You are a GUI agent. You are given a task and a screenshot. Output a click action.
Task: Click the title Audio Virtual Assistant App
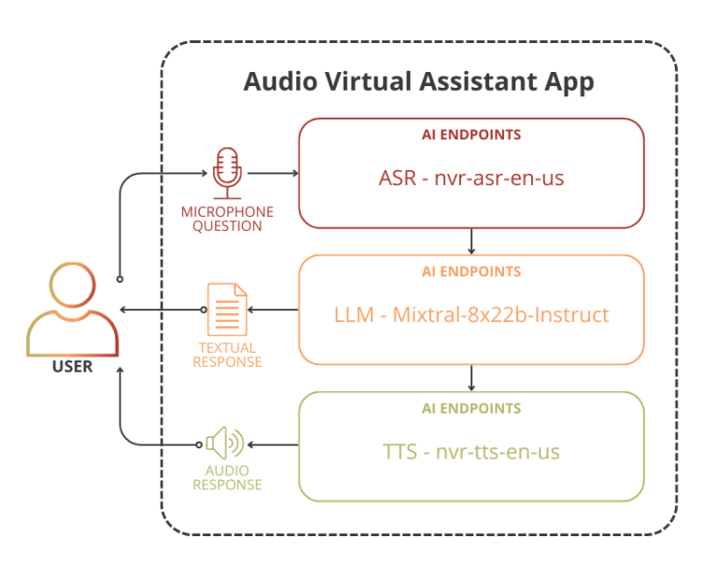coord(418,81)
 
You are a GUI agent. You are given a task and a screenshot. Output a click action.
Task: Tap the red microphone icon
coord(227,173)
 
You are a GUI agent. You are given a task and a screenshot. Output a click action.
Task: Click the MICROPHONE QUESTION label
coord(227,219)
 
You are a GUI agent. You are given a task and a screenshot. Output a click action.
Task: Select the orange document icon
coord(227,309)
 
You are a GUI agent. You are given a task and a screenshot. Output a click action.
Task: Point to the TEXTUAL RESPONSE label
coord(227,355)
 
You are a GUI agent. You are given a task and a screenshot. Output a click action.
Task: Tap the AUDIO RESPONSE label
coord(227,478)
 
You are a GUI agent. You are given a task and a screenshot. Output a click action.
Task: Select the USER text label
coord(72,366)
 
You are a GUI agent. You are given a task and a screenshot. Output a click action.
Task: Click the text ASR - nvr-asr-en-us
coord(471,177)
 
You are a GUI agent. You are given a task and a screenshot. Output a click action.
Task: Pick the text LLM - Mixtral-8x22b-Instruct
coord(471,315)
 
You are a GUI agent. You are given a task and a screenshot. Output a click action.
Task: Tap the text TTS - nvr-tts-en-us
coord(471,452)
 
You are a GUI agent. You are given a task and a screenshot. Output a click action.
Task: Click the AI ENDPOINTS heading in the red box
coord(471,134)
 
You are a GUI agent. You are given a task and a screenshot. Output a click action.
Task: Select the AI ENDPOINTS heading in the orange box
coord(471,272)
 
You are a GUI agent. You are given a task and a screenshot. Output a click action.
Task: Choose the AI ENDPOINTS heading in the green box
coord(471,408)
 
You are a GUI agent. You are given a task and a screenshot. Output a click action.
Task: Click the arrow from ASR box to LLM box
coord(471,241)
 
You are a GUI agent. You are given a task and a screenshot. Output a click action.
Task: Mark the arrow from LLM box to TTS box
coord(471,377)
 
